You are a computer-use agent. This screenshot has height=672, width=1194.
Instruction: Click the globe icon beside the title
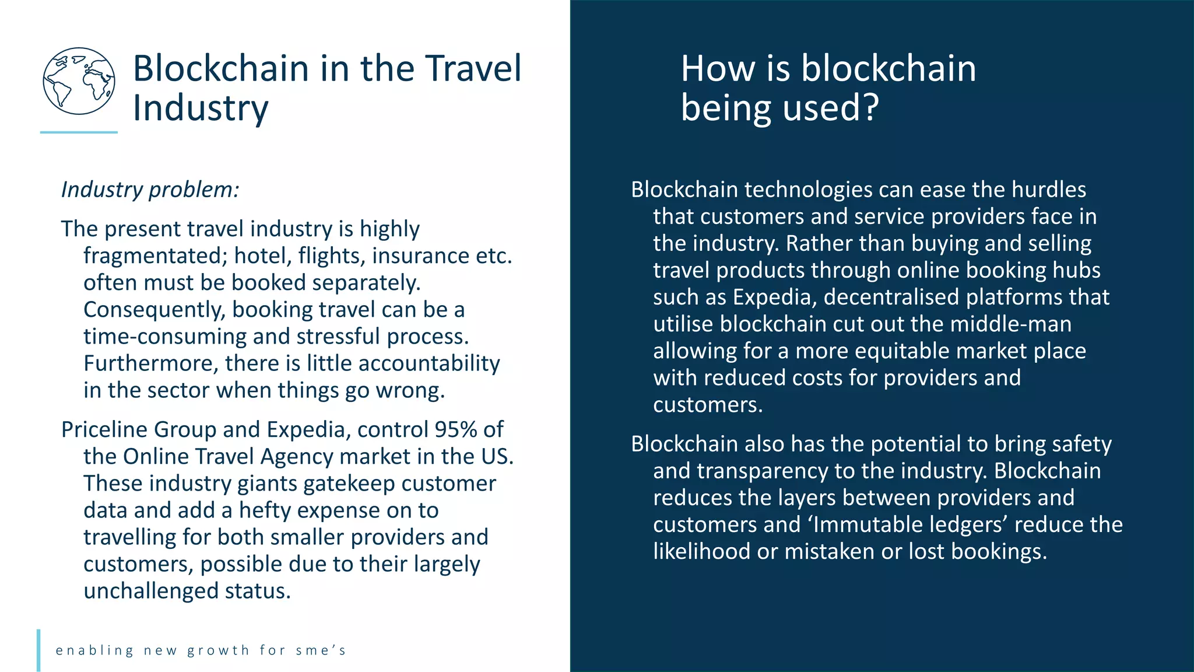(79, 81)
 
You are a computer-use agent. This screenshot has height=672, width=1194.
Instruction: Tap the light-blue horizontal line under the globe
(79, 132)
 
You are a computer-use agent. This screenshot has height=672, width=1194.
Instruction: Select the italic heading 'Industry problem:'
(150, 190)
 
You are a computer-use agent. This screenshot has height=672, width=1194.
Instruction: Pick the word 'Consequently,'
(154, 310)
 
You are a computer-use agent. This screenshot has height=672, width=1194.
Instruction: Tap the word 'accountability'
(429, 363)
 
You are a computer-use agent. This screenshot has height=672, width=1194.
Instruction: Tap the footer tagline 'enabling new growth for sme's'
(201, 650)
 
